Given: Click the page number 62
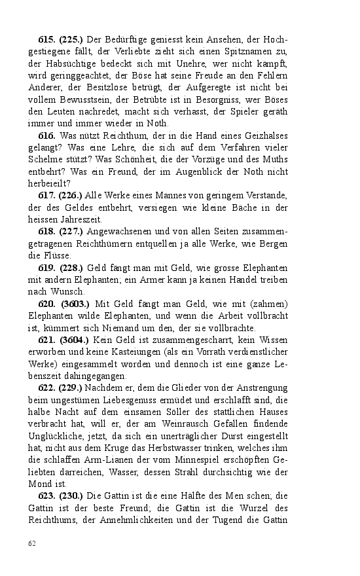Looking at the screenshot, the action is coord(31,543).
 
